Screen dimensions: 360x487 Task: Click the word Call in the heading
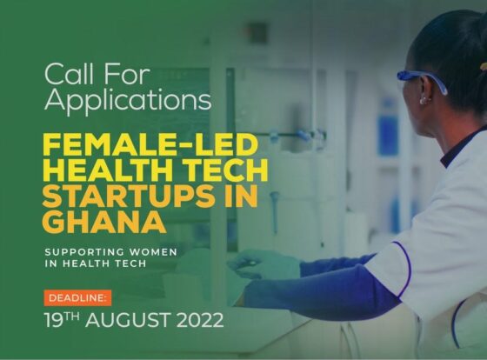click(x=64, y=71)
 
